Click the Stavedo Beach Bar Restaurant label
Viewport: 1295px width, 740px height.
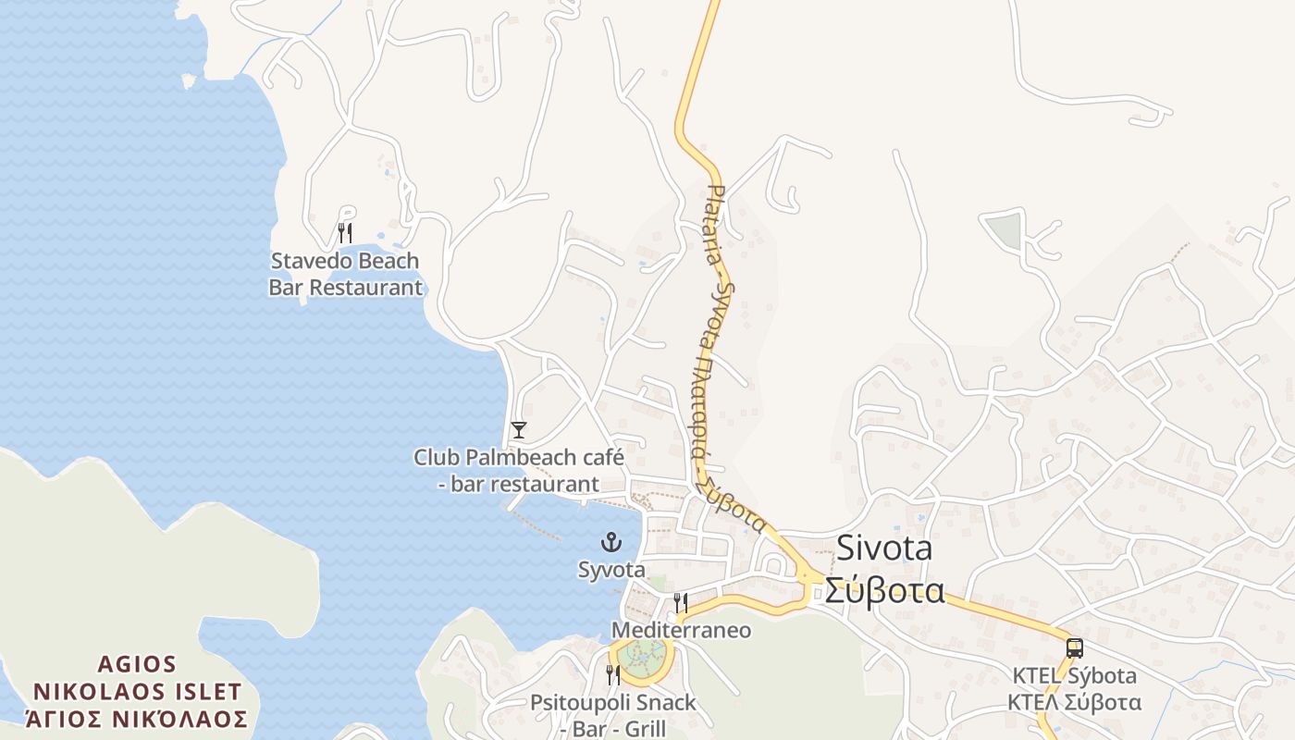(345, 274)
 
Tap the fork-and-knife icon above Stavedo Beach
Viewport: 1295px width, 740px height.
(345, 232)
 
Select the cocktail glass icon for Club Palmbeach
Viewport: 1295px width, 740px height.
(519, 429)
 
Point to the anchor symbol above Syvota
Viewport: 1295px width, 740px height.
(611, 542)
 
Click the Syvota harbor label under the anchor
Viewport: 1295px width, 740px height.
(611, 570)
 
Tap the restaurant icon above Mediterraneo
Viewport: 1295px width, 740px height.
(680, 603)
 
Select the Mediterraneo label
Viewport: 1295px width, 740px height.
(682, 631)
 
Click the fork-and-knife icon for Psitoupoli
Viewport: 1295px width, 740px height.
(613, 674)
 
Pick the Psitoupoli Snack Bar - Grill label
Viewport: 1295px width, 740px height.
(613, 715)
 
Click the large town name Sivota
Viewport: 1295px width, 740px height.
(884, 549)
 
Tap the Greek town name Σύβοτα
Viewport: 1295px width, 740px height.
(884, 590)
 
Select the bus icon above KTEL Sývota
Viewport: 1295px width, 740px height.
(1074, 647)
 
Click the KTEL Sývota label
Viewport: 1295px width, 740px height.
(1074, 675)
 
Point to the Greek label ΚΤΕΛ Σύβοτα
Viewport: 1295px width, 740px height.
(1074, 702)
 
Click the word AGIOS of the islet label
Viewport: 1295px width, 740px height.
(137, 664)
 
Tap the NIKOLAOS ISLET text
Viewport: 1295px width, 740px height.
(137, 692)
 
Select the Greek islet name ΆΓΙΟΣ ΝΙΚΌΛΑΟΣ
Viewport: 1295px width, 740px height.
(137, 719)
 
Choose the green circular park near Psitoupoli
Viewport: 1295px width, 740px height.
(641, 657)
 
